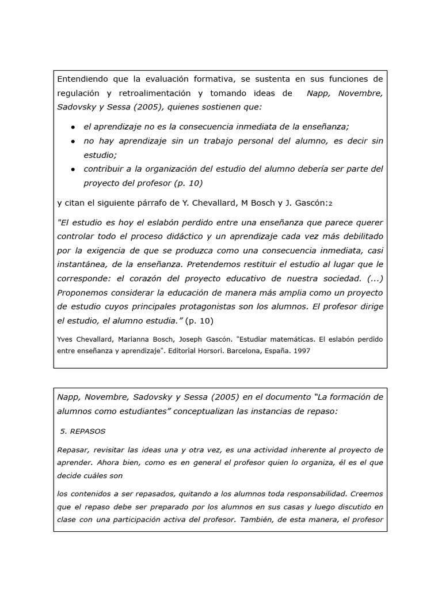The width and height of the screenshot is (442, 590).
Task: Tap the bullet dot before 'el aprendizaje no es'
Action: [73, 127]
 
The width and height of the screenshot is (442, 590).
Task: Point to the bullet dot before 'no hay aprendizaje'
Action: [73, 141]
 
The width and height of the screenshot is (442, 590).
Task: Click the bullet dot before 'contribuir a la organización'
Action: [73, 169]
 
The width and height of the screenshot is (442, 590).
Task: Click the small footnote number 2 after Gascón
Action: [330, 203]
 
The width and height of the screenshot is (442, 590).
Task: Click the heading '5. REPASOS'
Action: [83, 431]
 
